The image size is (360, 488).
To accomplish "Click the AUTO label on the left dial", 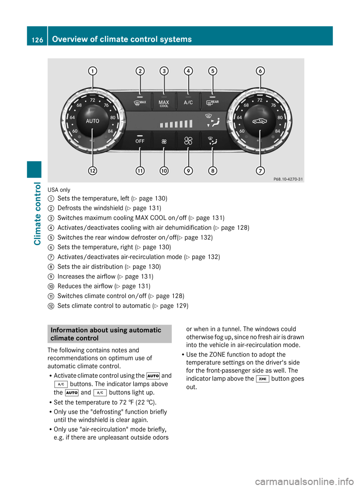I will tap(93, 121).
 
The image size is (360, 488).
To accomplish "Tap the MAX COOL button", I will tap(164, 103).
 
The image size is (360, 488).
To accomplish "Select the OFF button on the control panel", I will tap(140, 141).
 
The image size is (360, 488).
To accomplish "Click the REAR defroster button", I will tap(212, 102).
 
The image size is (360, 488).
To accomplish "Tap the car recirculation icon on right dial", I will tap(259, 121).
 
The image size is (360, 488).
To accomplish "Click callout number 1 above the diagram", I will tap(93, 71).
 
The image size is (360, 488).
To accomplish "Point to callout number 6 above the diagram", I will tap(260, 71).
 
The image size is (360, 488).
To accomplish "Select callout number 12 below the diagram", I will tap(93, 171).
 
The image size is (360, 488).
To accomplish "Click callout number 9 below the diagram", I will tap(188, 171).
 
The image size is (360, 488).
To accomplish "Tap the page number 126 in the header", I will tap(37, 40).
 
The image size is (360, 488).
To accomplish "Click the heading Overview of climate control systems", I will tap(122, 39).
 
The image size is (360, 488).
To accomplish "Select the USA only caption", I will tap(59, 190).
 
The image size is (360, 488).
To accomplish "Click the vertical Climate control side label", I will tap(37, 214).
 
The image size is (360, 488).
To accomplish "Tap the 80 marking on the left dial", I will tap(113, 117).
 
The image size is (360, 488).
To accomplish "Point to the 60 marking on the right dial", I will tap(242, 131).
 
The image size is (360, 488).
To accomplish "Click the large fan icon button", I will tap(188, 141).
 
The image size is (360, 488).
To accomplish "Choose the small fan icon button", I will tap(164, 141).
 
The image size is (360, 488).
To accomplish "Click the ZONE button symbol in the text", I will tap(262, 379).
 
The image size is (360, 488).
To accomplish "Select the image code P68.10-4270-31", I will tap(288, 179).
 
